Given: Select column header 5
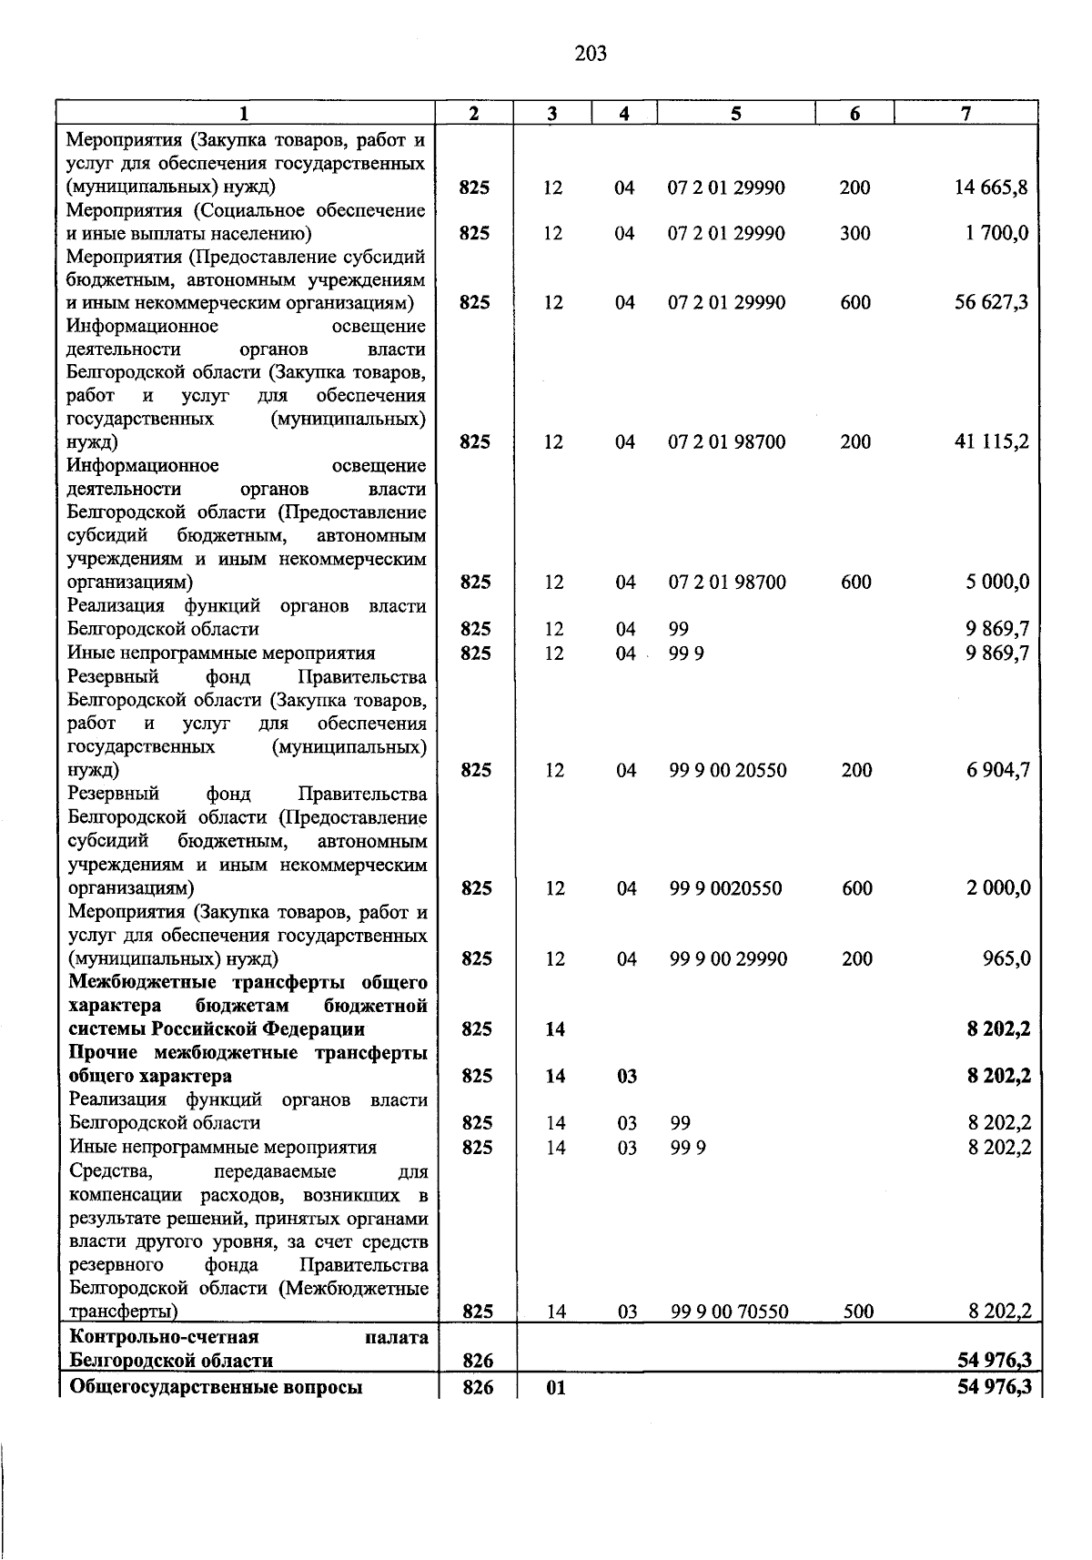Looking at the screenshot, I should [735, 114].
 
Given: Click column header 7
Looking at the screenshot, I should [966, 114].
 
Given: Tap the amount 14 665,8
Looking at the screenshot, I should [991, 187].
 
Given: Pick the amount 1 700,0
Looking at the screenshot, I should [996, 233].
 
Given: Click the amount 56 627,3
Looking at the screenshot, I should [991, 302].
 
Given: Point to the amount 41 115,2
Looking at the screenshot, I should [992, 442].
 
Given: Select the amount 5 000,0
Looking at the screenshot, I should [997, 582].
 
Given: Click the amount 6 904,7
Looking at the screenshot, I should [998, 771].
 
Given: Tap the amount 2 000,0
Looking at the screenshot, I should [998, 888].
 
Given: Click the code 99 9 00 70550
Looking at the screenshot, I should [729, 1312].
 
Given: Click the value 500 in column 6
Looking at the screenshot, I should [858, 1312].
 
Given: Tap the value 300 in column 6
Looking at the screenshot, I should [855, 233].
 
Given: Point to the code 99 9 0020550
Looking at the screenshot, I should [725, 888].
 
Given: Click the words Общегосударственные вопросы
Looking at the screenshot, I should [216, 1388].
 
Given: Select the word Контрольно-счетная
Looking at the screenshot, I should [165, 1337].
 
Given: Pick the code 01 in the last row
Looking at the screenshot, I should [555, 1389].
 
